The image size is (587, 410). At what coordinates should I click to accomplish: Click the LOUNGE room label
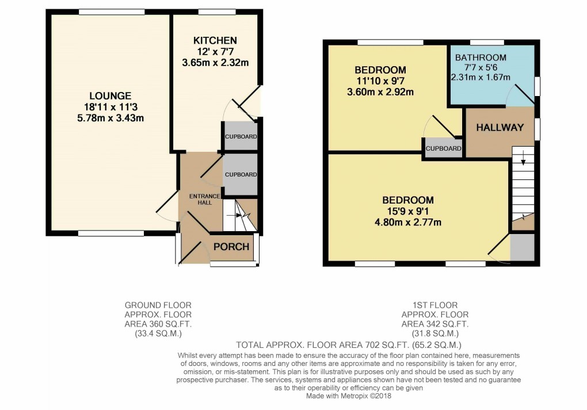(x=110, y=96)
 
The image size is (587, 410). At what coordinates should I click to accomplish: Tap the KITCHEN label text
(x=215, y=40)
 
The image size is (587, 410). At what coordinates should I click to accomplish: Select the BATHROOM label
(x=481, y=58)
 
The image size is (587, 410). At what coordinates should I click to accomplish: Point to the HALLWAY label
(x=500, y=128)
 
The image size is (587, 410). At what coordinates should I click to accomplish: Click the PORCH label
(x=231, y=247)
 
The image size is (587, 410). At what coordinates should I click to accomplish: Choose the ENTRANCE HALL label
(x=205, y=200)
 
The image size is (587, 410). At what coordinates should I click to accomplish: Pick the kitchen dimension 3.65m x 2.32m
(x=215, y=63)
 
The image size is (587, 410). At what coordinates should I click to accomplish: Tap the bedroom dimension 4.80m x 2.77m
(x=408, y=223)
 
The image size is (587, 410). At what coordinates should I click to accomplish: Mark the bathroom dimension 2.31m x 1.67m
(x=481, y=77)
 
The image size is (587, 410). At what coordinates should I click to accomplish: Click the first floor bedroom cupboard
(x=443, y=148)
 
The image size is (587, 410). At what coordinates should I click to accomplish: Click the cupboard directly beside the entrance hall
(x=240, y=174)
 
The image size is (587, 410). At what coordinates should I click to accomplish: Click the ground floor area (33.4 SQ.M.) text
(x=158, y=333)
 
